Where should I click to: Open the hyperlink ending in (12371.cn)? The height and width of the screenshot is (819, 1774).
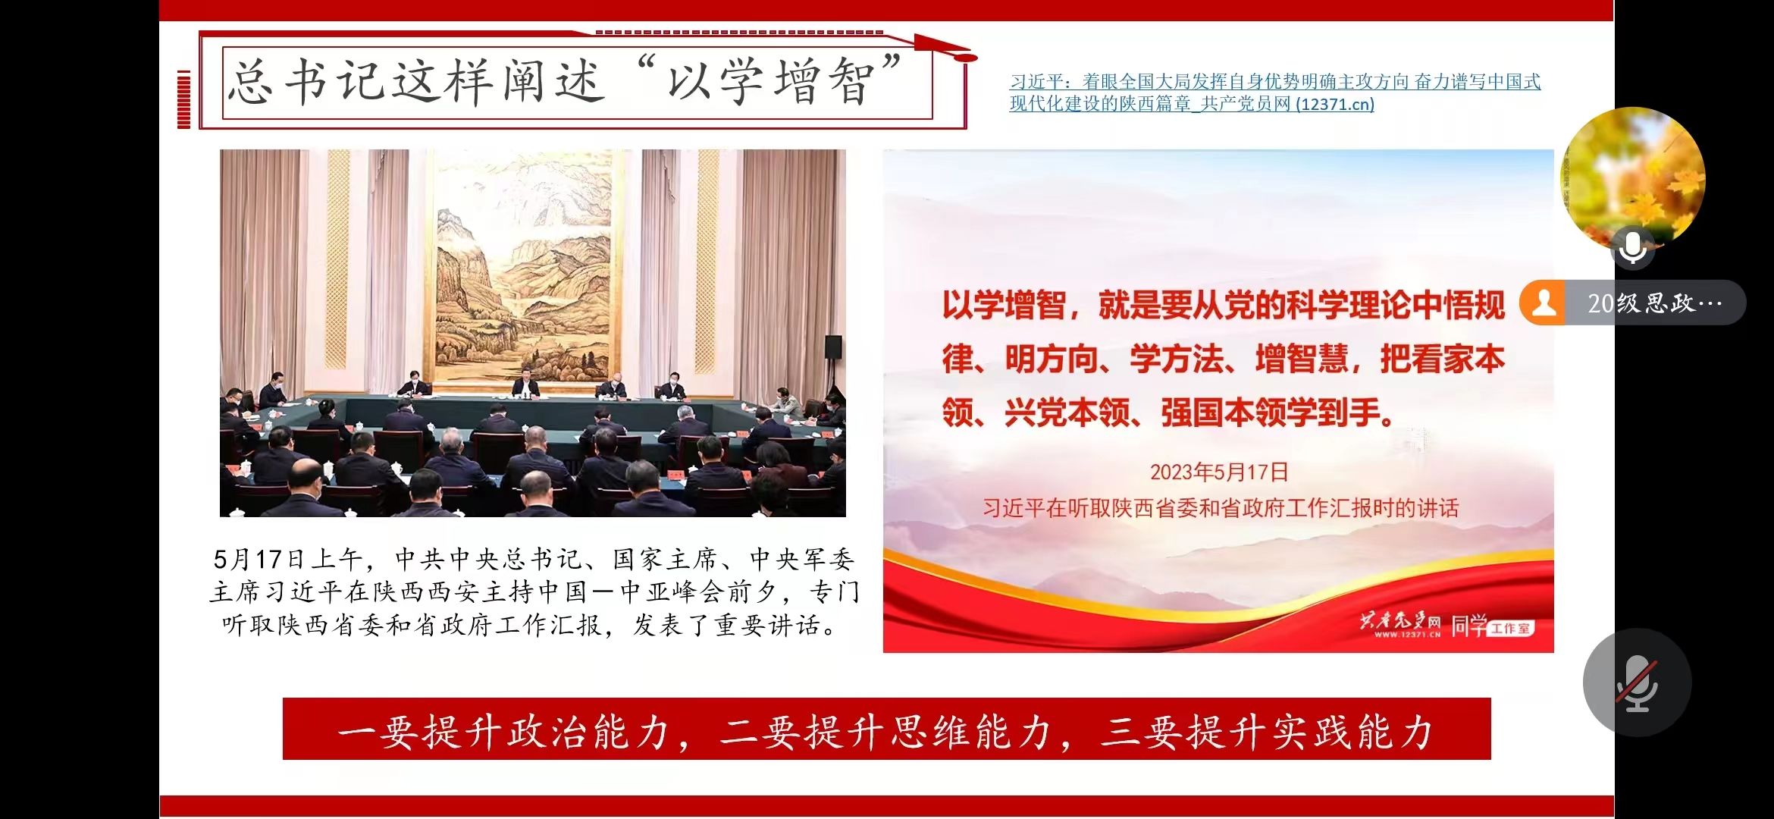(1274, 93)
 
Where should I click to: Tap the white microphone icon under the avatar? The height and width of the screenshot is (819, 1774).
(1632, 246)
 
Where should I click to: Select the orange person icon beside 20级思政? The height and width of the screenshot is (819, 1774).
(1544, 303)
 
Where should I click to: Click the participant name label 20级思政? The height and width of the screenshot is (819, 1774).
(1654, 303)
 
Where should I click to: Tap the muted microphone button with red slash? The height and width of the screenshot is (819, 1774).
(1637, 682)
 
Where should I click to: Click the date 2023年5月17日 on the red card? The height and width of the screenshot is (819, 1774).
(1219, 472)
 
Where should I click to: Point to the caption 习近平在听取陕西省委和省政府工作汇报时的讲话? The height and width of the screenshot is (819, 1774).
(1221, 507)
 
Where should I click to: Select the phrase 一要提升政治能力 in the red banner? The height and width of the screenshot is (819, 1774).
(503, 732)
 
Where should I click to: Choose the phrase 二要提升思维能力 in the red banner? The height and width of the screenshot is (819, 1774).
(885, 732)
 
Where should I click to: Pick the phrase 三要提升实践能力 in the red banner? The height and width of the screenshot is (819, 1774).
(1266, 732)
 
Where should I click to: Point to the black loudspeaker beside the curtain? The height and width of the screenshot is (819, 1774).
(833, 347)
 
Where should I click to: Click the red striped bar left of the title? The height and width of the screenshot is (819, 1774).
(183, 99)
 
